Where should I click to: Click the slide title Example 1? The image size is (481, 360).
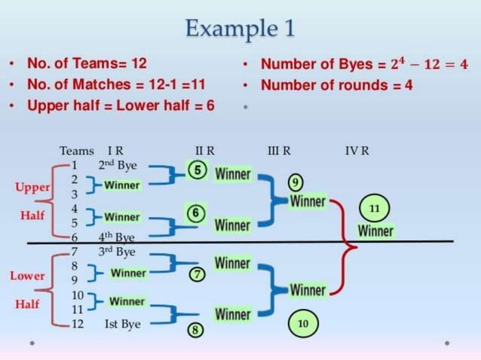point(240,29)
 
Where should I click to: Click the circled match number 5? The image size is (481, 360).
point(197,170)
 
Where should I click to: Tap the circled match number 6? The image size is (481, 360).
point(195,214)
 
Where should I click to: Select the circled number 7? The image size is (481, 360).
point(197,274)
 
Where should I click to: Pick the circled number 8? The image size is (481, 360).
point(195,330)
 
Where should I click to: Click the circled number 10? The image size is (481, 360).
point(303,323)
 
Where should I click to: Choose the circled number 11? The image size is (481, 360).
point(373,206)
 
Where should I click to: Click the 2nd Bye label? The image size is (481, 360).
point(117,165)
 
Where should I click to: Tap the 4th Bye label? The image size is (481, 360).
point(116,238)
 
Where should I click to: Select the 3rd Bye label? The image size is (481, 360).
point(116,251)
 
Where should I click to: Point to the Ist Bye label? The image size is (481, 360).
point(122,324)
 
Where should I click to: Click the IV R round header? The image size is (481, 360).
point(357,151)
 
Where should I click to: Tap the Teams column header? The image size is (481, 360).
point(76,151)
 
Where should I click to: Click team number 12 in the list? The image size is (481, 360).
point(77,324)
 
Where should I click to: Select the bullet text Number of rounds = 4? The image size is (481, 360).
point(336,85)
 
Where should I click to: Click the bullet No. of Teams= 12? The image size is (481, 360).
point(87,63)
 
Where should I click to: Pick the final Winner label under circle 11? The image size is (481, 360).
point(375,231)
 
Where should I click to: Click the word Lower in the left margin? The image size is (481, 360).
point(27,276)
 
